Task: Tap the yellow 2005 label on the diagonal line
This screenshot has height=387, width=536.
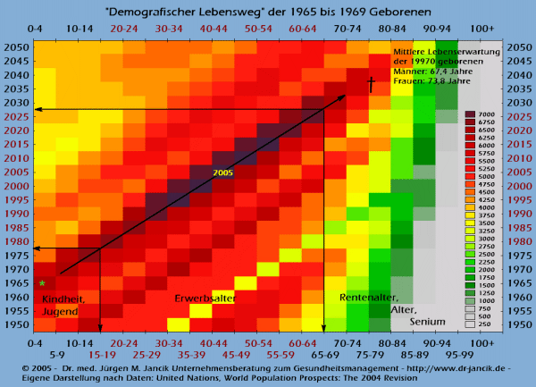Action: (224, 172)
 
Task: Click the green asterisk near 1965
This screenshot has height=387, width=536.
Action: (42, 284)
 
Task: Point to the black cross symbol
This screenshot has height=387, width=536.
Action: (371, 85)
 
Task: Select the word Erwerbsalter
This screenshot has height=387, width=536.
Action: (205, 298)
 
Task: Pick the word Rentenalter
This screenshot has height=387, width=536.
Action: (368, 298)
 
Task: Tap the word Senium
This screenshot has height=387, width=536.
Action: (428, 321)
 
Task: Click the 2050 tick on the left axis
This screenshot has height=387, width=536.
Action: (14, 46)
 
